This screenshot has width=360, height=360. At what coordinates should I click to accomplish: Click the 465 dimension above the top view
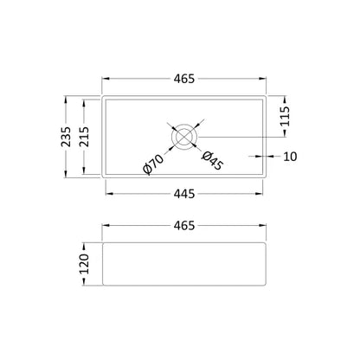(x=184, y=79)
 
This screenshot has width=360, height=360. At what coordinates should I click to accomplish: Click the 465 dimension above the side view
(x=184, y=226)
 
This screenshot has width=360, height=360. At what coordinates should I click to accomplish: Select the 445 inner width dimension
(x=184, y=194)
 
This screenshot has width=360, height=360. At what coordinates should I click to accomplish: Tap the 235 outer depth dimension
(x=66, y=137)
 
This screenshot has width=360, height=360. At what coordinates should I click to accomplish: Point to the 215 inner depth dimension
(x=84, y=137)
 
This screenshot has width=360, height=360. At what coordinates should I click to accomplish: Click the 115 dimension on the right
(x=285, y=116)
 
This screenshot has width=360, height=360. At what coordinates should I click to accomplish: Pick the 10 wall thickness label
(x=290, y=157)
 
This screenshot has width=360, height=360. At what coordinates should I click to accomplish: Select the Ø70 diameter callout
(x=153, y=164)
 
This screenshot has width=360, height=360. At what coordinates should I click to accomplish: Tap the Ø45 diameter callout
(x=212, y=160)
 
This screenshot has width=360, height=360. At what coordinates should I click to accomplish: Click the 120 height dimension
(x=84, y=264)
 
